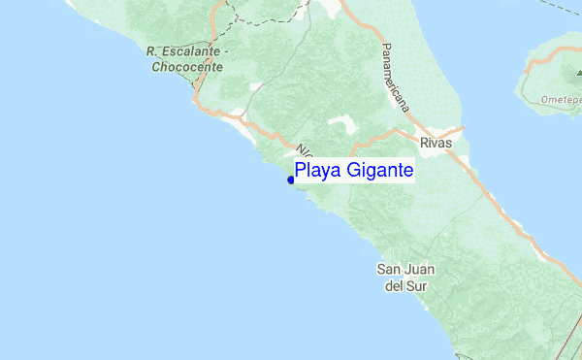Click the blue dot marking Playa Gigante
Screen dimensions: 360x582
(291, 180)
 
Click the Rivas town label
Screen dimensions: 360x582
(437, 142)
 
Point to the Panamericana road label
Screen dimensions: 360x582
(394, 78)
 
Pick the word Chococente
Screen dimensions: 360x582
(187, 67)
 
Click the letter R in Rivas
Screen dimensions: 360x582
(425, 142)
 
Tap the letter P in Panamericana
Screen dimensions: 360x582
(384, 48)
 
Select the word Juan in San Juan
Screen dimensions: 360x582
(423, 269)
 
